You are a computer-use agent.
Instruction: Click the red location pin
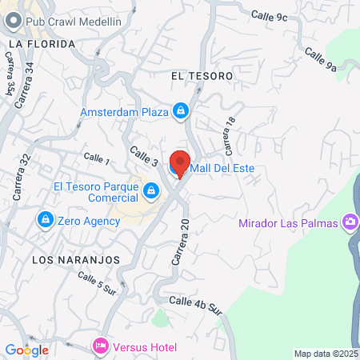(x=179, y=162)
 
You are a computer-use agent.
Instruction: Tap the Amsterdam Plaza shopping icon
(x=182, y=110)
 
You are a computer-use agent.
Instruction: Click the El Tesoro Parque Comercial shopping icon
(x=151, y=190)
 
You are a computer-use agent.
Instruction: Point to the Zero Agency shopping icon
(x=45, y=218)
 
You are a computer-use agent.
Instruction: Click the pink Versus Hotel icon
(x=101, y=346)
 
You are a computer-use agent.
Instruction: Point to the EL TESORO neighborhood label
(x=202, y=75)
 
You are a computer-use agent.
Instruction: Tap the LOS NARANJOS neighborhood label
(x=75, y=260)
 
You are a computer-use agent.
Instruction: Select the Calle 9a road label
(x=320, y=61)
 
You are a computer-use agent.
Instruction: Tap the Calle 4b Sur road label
(x=195, y=305)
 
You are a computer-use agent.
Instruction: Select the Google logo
(x=26, y=350)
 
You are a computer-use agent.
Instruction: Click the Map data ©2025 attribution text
(x=324, y=353)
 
